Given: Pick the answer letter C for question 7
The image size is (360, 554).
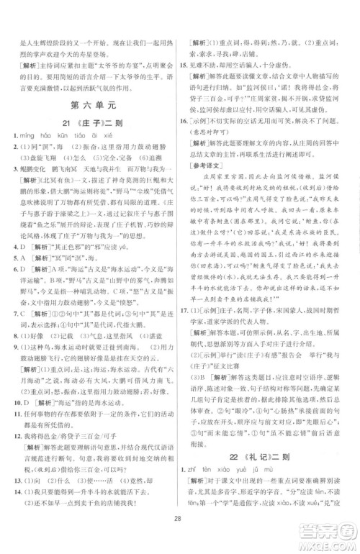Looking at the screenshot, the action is [24, 314].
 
